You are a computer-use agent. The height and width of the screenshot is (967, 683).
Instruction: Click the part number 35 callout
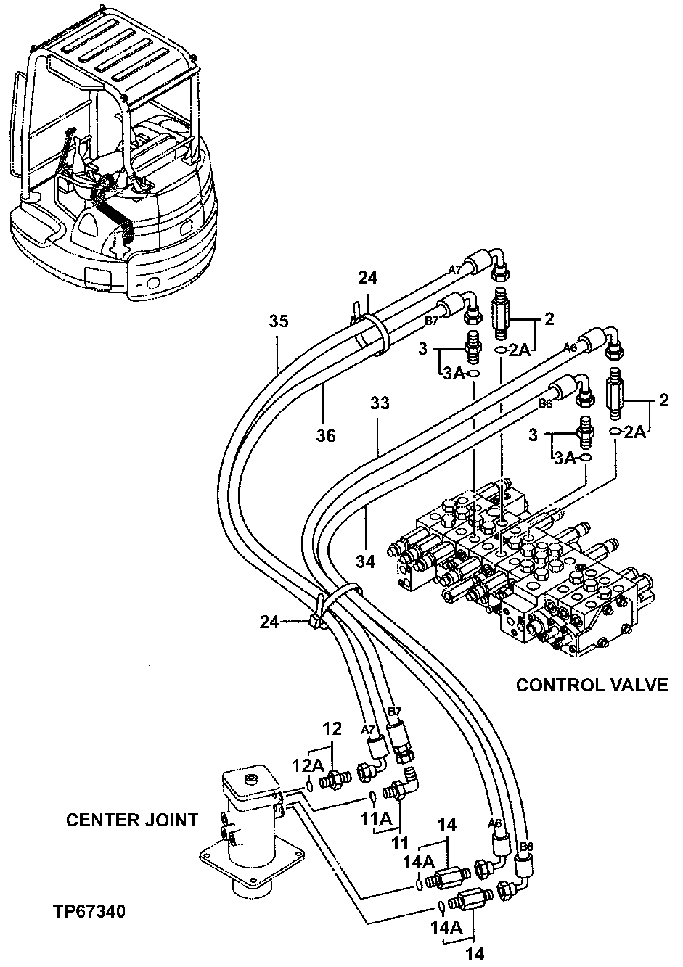[x=278, y=321]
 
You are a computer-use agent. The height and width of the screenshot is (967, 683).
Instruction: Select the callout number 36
[x=326, y=435]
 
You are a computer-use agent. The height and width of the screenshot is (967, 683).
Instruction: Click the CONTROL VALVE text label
[x=591, y=685]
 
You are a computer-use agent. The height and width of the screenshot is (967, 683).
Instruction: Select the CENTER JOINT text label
[x=132, y=820]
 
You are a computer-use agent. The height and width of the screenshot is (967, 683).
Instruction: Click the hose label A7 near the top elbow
[x=455, y=269]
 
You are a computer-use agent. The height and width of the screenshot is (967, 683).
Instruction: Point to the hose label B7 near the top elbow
[x=431, y=319]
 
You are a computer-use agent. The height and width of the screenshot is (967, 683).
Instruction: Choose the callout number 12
[x=332, y=728]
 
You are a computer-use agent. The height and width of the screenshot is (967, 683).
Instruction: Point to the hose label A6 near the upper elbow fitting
[x=570, y=348]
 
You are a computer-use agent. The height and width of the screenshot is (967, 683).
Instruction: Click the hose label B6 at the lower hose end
[x=527, y=847]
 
